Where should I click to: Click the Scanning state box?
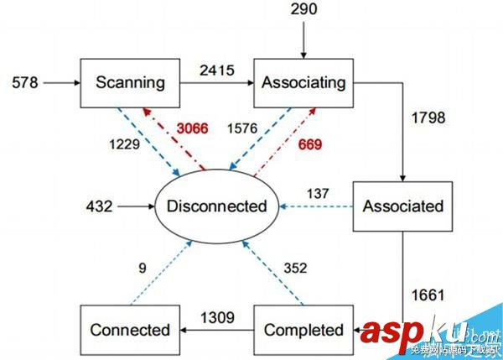click(x=129, y=82)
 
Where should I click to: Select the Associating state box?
click(x=303, y=82)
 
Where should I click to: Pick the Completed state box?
click(x=303, y=329)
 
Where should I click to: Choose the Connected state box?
click(x=129, y=329)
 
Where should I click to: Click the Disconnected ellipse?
click(x=216, y=205)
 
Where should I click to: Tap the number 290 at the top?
click(x=303, y=10)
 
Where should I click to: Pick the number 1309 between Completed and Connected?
click(x=215, y=317)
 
